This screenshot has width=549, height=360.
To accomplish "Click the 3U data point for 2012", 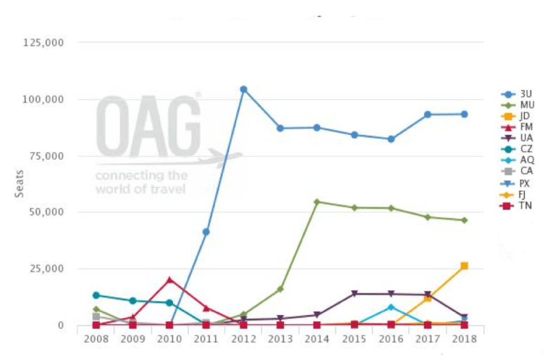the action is pos(243,90).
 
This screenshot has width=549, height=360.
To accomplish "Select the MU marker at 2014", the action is pos(317,202).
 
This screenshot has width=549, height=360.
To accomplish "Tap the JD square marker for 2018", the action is pos(464,266).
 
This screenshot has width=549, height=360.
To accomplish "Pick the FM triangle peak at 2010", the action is pos(169,280).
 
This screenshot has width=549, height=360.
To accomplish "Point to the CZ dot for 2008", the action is pos(96,295).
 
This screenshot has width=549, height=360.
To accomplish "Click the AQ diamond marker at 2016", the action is pos(391,307).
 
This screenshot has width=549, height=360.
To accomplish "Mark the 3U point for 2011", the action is pos(206,232).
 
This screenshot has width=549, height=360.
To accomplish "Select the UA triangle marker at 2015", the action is pos(354,294).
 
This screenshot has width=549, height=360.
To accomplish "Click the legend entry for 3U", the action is pos(517,94).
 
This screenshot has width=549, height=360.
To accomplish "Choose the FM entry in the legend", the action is pos(517,127).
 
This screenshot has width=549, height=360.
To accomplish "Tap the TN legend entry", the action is pos(517,206).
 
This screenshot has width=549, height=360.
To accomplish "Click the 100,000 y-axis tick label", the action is pos(43,99).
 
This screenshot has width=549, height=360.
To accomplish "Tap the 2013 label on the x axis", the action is pos(280,339).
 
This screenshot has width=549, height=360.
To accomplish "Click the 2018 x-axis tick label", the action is pos(464,339).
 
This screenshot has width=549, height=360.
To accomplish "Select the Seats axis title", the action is pos(19,184).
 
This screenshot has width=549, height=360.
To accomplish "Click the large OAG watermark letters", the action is pos(148,127).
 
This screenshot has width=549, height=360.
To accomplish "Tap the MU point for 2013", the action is pos(280,289).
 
